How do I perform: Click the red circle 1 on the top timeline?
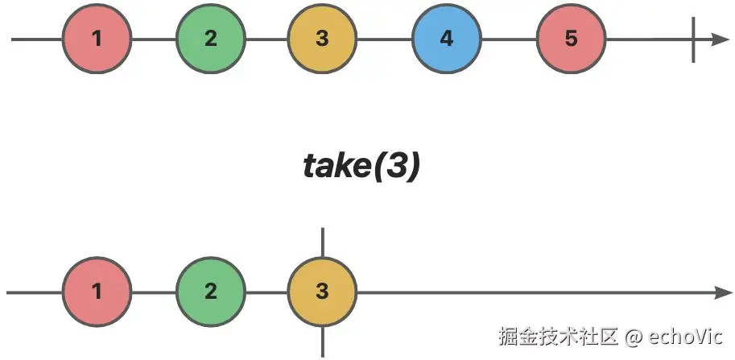tap(97, 39)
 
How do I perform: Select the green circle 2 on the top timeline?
tap(210, 39)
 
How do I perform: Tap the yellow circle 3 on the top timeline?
tap(322, 39)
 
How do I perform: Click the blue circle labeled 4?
tap(447, 39)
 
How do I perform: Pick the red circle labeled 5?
tap(571, 39)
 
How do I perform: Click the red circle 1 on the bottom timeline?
tap(97, 292)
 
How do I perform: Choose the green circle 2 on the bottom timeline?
tap(210, 292)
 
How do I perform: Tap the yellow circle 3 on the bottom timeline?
tap(322, 292)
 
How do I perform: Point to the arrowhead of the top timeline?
tap(720, 39)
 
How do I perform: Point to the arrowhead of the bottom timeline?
tap(720, 292)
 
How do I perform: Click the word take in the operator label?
tap(332, 166)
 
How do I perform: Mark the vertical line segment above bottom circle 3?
tap(322, 242)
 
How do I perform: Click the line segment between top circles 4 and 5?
tap(509, 39)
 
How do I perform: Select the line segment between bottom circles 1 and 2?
tap(153, 292)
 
